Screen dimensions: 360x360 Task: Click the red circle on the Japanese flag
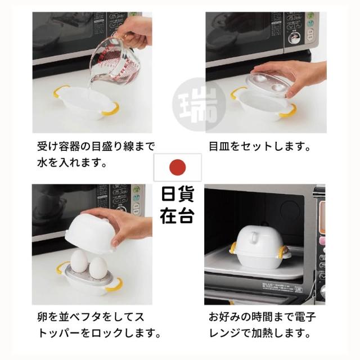pos(178,167)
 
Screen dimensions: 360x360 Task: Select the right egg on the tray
pos(97,267)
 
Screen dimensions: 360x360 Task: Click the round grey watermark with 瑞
pos(199,105)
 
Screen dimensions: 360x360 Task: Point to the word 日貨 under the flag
pos(178,194)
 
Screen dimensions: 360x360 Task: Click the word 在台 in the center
pos(178,216)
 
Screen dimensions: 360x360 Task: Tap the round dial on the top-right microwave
pos(295,38)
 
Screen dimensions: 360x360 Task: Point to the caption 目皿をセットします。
pos(259,146)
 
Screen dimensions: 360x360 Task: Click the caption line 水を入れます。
pos(73,163)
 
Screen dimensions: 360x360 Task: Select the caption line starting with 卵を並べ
pos(91,317)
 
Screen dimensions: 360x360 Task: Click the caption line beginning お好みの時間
pos(263,317)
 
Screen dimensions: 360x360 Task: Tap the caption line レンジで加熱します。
pos(260,333)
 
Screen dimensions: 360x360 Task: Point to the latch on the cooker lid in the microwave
pos(255,237)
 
